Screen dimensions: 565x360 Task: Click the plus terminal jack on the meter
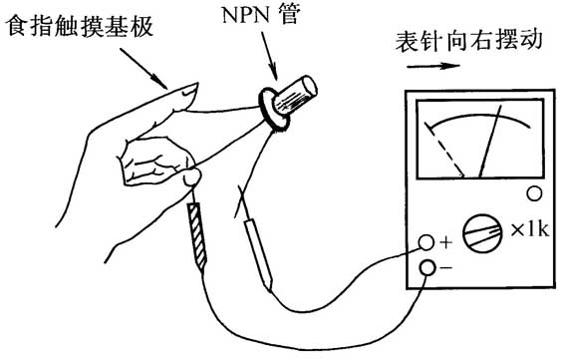click(x=427, y=243)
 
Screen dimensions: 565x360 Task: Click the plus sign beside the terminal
click(x=445, y=242)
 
